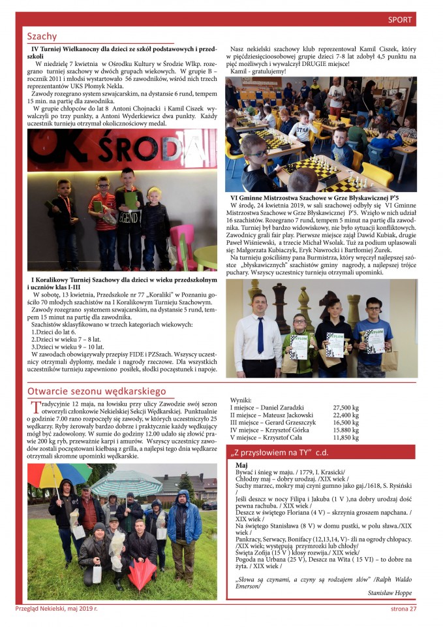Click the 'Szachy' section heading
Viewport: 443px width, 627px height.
tap(42, 37)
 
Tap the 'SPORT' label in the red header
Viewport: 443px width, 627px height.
tap(399, 20)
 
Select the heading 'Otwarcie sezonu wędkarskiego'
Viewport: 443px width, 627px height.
tap(97, 391)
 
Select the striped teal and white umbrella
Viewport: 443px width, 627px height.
tap(127, 482)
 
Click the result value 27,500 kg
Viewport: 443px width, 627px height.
tap(346, 406)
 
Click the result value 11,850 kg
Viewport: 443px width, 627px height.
tap(346, 438)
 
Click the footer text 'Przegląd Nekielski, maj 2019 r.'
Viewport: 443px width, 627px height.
tap(57, 609)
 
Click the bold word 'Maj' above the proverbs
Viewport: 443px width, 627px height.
tap(241, 465)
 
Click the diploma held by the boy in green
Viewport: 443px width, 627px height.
tap(298, 347)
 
